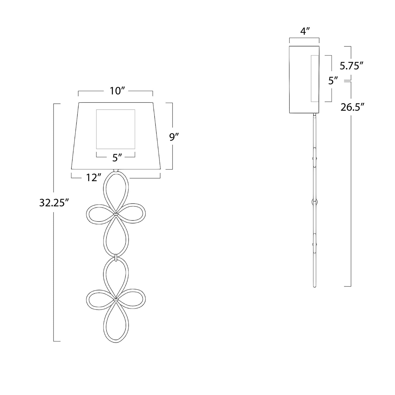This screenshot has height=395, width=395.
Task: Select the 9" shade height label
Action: [174, 137]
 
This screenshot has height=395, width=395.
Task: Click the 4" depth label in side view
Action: [304, 32]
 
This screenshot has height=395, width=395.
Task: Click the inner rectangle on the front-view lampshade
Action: [116, 110]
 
